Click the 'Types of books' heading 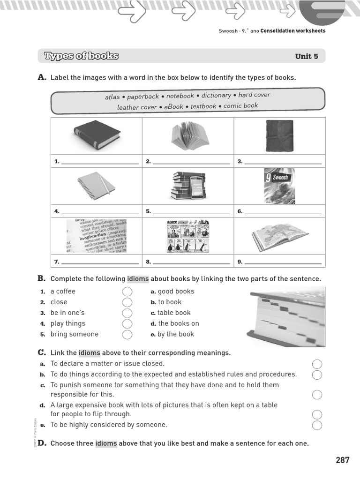[x=81, y=56]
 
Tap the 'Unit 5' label [x=307, y=56]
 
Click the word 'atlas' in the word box [x=112, y=97]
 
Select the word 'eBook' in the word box [x=173, y=107]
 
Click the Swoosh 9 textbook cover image [x=279, y=186]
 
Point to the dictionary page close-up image [x=96, y=236]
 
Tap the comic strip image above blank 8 [x=188, y=236]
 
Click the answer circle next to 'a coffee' [x=127, y=292]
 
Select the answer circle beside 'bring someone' [x=127, y=334]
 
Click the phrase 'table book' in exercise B [x=174, y=313]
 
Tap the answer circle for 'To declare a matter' [x=317, y=364]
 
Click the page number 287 [x=342, y=460]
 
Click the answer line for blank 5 [x=191, y=212]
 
